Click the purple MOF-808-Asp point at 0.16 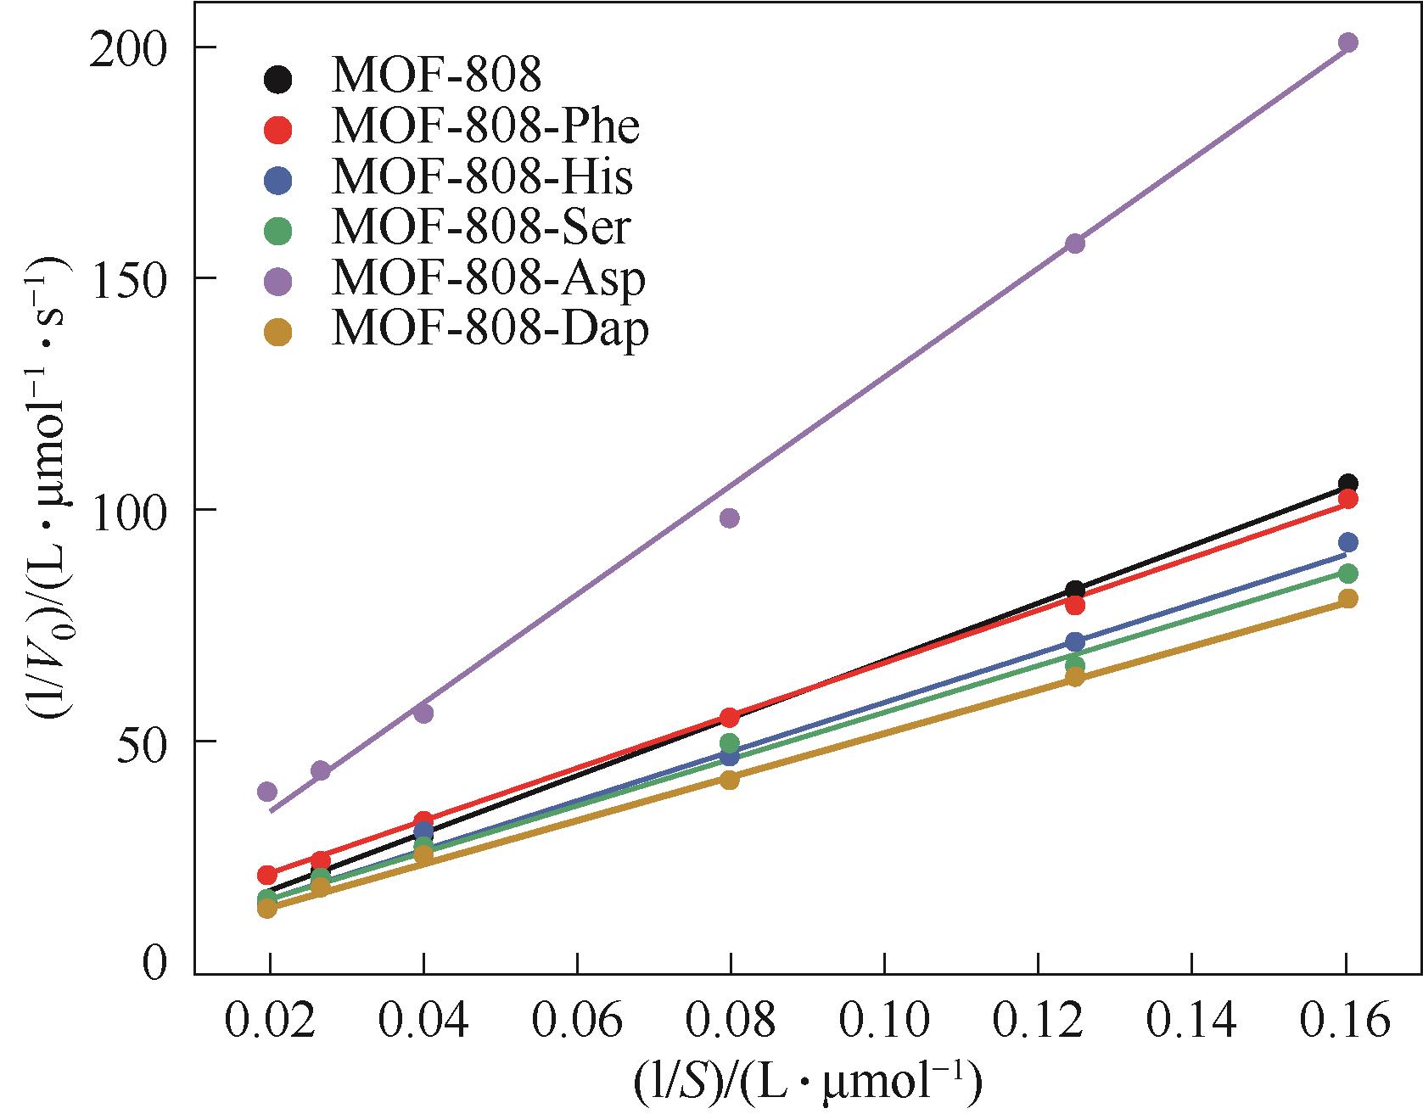pyautogui.click(x=1347, y=43)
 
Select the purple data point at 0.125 pyautogui.click(x=1075, y=244)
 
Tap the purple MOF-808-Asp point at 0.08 pyautogui.click(x=729, y=518)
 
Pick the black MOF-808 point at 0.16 pyautogui.click(x=1347, y=484)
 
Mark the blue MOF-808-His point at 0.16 pyautogui.click(x=1347, y=542)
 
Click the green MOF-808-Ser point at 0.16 pyautogui.click(x=1347, y=574)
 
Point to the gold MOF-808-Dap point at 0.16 pyautogui.click(x=1347, y=599)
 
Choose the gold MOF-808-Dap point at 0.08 pyautogui.click(x=729, y=780)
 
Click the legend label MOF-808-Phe pyautogui.click(x=485, y=127)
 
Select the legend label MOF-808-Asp pyautogui.click(x=488, y=279)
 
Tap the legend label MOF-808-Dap pyautogui.click(x=490, y=329)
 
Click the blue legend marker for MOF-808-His pyautogui.click(x=277, y=181)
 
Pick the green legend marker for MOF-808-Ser pyautogui.click(x=277, y=230)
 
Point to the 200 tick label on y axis pyautogui.click(x=129, y=48)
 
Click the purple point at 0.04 pyautogui.click(x=423, y=714)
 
